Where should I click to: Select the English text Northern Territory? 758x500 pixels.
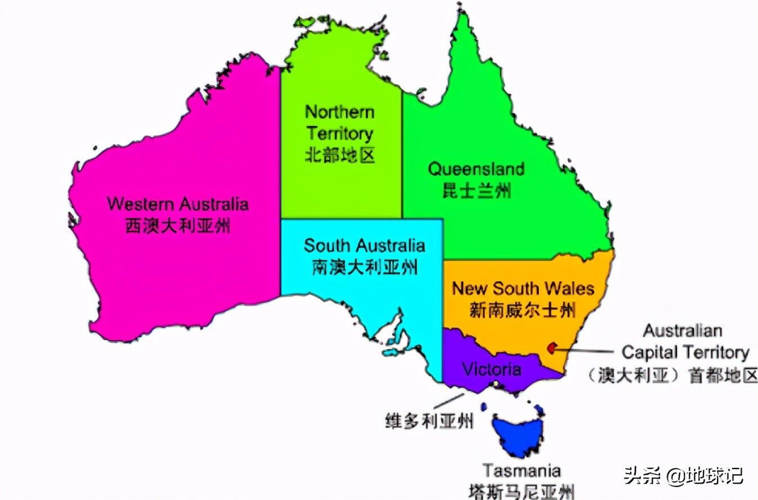339,123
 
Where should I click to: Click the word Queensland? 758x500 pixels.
476,168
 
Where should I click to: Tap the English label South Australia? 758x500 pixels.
364,245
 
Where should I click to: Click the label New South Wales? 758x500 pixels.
523,289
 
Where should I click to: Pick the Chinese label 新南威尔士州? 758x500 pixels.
523,310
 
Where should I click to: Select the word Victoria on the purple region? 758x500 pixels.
491,369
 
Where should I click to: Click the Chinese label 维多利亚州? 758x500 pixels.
429,420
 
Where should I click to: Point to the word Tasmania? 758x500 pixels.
521,470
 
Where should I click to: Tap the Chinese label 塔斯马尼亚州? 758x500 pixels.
521,491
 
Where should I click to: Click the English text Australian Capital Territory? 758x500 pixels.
685,341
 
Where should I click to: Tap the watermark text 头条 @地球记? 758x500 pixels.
683,476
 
